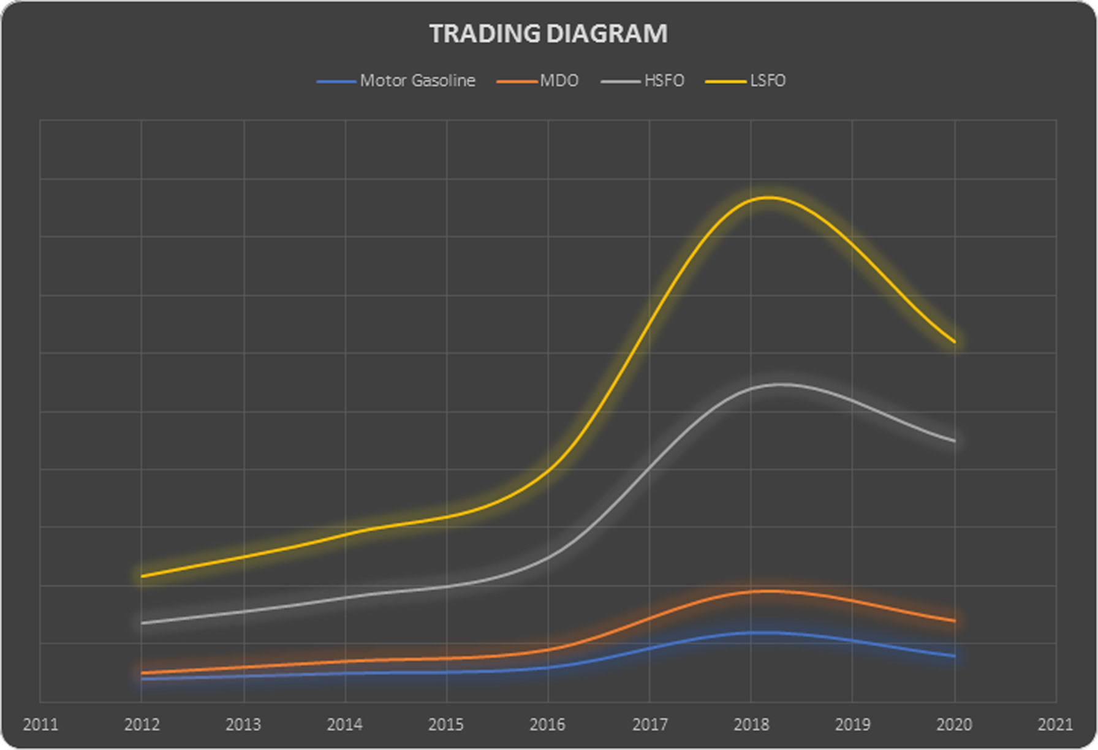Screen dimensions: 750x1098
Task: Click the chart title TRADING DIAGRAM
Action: (548, 34)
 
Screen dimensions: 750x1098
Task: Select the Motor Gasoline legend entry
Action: (396, 81)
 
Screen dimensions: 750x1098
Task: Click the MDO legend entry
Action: (537, 81)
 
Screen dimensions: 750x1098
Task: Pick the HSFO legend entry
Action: (643, 81)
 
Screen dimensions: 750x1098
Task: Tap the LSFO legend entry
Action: (746, 81)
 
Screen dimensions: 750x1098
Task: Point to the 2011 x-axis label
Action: (40, 724)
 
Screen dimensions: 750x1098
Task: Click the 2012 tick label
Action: (142, 724)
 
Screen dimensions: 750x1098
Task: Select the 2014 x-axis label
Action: (345, 724)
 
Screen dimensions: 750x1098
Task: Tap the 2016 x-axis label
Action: (548, 724)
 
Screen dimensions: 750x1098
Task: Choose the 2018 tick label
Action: (751, 724)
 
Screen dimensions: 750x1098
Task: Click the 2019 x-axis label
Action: (852, 724)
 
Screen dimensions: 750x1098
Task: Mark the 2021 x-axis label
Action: (1055, 724)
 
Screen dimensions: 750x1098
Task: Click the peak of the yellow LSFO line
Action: (767, 197)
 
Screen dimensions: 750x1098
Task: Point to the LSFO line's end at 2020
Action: (954, 341)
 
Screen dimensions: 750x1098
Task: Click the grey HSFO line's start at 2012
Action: (142, 623)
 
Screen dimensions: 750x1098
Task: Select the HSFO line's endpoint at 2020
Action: (954, 441)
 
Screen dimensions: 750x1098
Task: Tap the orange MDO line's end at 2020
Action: (954, 621)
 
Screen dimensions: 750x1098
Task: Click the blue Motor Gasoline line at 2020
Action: (954, 656)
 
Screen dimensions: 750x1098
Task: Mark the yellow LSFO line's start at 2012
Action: (142, 576)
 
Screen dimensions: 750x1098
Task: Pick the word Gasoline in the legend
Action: (444, 81)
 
